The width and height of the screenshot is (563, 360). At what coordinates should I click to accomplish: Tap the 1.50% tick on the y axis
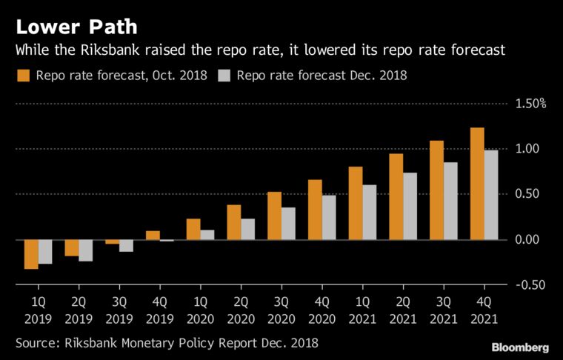pos(530,104)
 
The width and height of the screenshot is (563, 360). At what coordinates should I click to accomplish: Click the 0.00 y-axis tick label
pos(531,240)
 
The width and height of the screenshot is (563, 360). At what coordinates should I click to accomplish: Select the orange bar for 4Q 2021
pos(478,184)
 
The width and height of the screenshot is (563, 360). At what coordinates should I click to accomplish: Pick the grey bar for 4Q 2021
pos(491,195)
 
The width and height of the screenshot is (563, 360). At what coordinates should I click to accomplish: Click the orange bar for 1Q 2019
pos(31,254)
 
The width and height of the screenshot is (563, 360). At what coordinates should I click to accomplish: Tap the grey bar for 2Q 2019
pos(85,250)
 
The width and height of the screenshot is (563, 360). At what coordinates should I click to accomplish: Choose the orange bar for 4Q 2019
pos(153,236)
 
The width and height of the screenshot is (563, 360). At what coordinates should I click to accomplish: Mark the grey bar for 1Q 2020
pos(207,235)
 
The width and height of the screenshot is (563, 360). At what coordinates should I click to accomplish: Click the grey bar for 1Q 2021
pos(370,212)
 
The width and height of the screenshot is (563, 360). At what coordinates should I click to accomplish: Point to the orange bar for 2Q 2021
pos(396,196)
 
